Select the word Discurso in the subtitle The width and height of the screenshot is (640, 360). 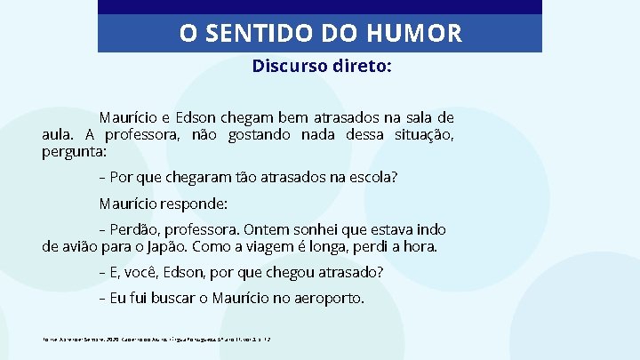tap(286, 67)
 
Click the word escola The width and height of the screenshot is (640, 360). tap(372, 177)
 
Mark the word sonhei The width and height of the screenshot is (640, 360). tap(302, 229)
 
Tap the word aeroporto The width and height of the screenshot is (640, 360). tap(322, 298)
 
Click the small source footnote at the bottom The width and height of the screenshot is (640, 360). tap(142, 339)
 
